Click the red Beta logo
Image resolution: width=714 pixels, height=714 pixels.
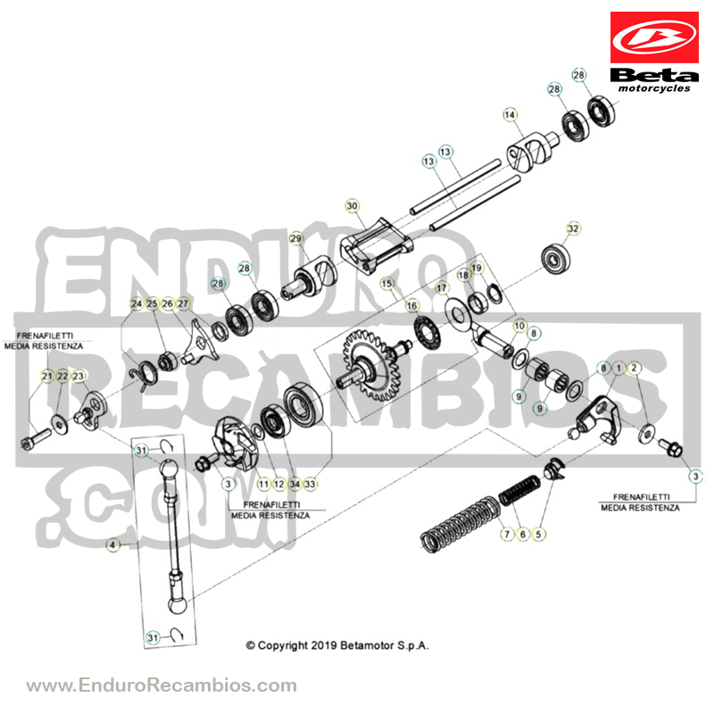coord(654,37)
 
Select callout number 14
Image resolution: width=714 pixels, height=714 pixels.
coord(510,115)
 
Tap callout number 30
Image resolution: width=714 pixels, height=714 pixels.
coord(352,206)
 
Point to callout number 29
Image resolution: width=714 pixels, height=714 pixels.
coord(295,238)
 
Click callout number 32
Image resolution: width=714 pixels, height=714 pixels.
coord(573,228)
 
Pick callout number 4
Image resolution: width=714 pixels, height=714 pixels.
coord(112,544)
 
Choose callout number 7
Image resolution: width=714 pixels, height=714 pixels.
coord(507,534)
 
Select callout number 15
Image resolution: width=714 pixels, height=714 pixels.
coord(386,284)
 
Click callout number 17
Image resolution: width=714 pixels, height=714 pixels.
coord(441,288)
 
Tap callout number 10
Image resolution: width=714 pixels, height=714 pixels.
coord(519,326)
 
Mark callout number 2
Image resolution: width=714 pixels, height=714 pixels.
coord(634,368)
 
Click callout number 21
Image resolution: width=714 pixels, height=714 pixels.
coord(47,376)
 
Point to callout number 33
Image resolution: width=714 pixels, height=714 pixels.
coord(310,484)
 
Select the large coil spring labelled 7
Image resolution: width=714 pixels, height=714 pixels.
coord(460,524)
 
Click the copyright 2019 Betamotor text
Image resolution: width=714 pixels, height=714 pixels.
coord(337,645)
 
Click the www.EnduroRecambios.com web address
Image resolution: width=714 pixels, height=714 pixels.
coord(162,685)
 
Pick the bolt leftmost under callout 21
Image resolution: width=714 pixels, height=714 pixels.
coord(36,438)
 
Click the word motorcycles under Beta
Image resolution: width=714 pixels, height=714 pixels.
coord(654,88)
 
